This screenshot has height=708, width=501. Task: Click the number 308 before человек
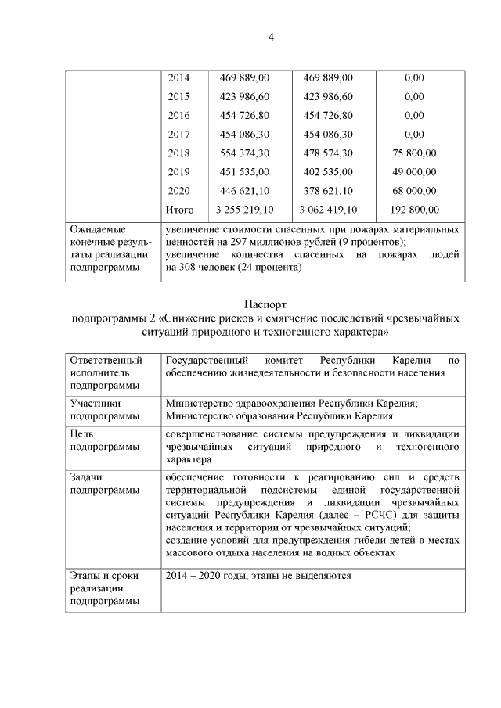[x=194, y=268]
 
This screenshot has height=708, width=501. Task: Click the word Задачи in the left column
[x=87, y=477]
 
